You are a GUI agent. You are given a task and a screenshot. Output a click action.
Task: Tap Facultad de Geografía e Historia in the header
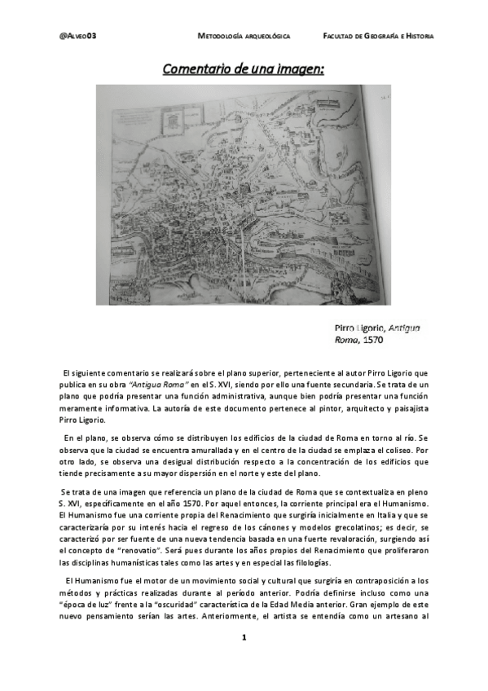click(x=378, y=37)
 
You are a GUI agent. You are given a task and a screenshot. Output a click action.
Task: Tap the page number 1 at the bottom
click(x=244, y=659)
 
